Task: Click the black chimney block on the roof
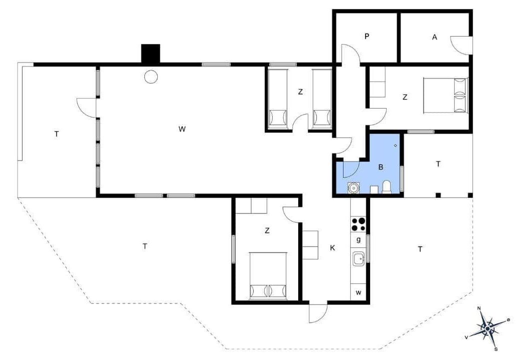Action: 150,53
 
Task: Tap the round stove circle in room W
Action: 151,77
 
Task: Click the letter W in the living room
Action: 182,129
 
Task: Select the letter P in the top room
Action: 367,36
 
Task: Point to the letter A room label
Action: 435,37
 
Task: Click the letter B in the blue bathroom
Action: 381,167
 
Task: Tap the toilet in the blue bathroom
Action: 387,187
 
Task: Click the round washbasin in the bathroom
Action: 354,188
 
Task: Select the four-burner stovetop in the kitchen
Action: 358,224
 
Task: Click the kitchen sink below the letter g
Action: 359,259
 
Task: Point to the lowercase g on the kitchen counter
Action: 358,240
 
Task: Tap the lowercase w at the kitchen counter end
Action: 358,293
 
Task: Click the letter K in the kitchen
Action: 333,248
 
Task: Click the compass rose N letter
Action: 479,308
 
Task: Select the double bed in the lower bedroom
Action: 268,275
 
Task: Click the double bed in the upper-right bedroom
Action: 446,95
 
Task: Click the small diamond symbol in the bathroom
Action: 395,145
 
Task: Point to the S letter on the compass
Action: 496,349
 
